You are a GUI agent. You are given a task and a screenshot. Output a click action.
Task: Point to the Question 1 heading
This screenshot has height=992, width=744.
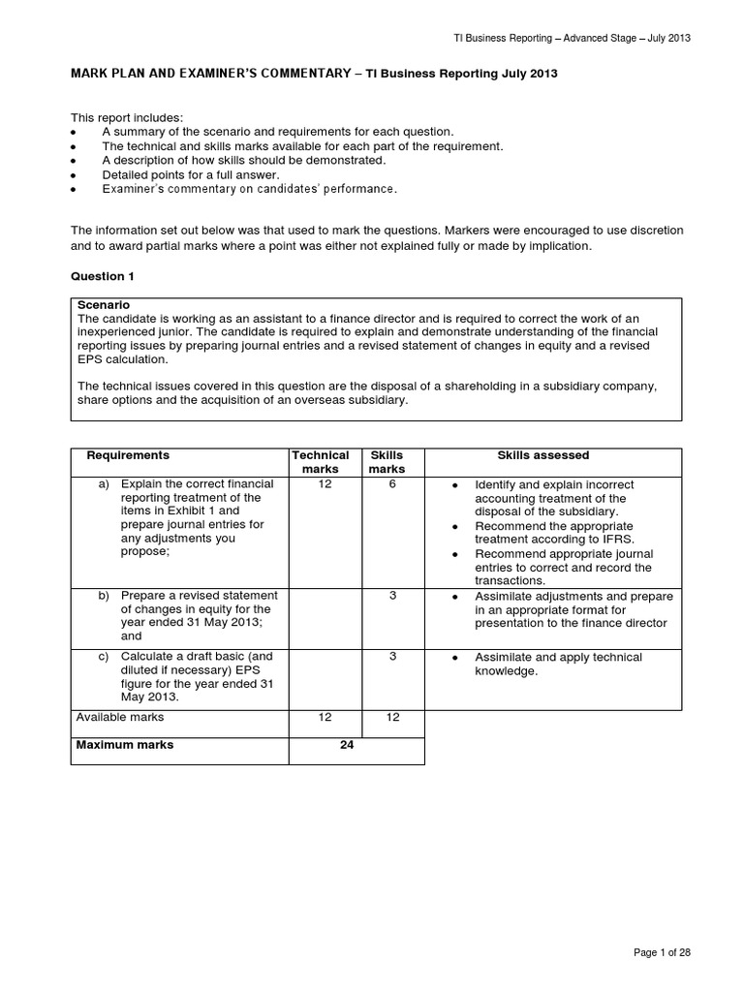[103, 276]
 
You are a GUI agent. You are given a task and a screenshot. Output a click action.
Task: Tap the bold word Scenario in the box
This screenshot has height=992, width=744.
[104, 304]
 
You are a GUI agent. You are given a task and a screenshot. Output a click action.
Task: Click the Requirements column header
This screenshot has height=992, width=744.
[128, 455]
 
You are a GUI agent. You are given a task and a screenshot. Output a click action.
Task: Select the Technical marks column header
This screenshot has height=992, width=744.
[321, 462]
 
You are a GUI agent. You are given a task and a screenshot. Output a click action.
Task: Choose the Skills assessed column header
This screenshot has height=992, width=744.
[542, 455]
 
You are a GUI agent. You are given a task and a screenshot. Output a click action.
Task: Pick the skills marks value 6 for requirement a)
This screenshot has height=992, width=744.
[392, 483]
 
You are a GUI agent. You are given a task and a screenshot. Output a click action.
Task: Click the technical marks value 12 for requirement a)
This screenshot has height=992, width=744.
[321, 483]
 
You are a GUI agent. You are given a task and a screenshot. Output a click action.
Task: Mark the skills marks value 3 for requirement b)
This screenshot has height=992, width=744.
[392, 596]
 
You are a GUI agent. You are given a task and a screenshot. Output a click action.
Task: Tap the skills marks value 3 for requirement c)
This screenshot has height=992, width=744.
[392, 657]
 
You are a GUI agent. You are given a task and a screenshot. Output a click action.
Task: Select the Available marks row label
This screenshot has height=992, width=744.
[120, 717]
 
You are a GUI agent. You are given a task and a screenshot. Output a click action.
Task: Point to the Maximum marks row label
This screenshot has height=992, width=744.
[125, 746]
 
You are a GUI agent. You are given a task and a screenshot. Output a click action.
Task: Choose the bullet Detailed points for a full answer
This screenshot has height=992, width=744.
[191, 174]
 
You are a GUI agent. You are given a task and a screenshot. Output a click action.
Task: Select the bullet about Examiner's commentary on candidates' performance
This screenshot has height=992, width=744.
[249, 189]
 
